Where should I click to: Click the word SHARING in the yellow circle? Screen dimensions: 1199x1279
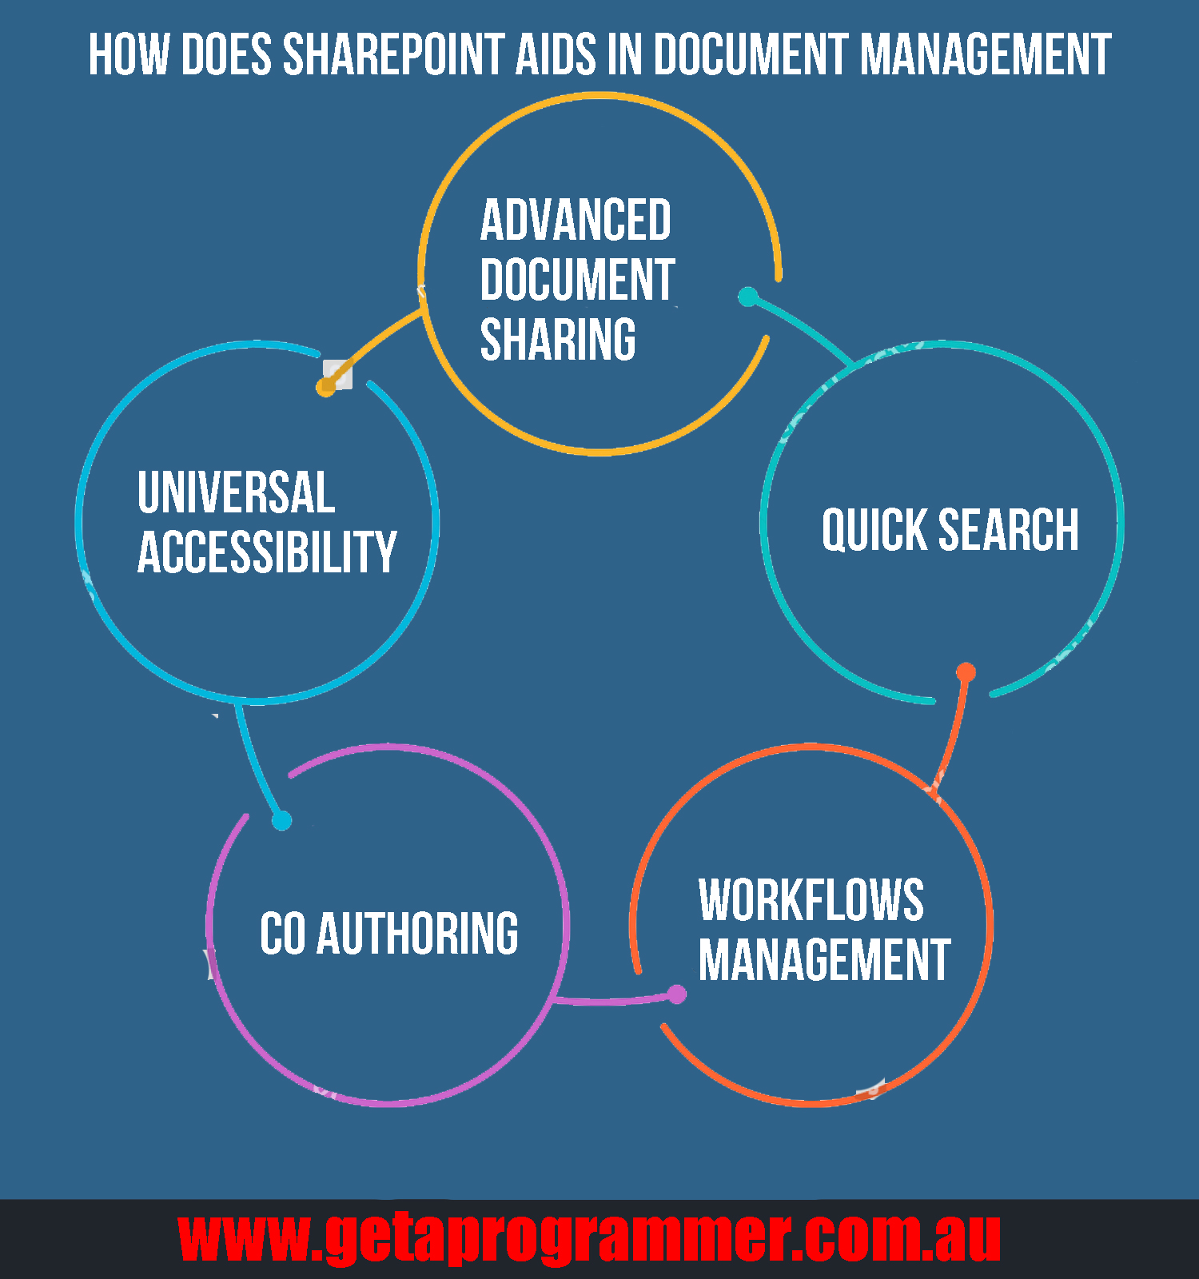point(558,340)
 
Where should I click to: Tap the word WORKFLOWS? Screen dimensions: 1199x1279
point(811,900)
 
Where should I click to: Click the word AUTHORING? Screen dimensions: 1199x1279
point(417,933)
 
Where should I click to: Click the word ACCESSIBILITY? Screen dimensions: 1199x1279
point(267,552)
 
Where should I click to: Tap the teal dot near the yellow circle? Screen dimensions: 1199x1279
point(747,297)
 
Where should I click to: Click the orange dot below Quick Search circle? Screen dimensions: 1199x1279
point(966,672)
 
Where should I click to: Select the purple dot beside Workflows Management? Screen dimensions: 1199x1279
point(677,994)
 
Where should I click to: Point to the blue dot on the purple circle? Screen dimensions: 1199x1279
point(281,820)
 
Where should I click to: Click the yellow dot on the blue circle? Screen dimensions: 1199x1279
point(326,387)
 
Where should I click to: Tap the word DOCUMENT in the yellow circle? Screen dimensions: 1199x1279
point(577,280)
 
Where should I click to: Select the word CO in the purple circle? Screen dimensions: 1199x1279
point(282,933)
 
